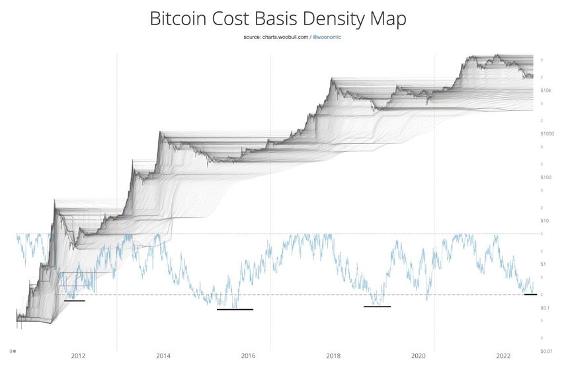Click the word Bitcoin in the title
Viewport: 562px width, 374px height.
point(181,19)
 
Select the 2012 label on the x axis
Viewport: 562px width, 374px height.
point(78,356)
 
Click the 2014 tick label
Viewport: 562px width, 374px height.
point(163,356)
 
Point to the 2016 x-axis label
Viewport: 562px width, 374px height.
point(249,356)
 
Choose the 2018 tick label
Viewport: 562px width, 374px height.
point(333,356)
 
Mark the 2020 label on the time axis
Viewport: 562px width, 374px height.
point(419,356)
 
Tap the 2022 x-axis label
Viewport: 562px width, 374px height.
point(504,356)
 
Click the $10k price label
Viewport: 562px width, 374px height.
point(546,90)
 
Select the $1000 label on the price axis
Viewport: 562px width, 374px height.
point(547,133)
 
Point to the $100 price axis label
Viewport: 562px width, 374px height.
point(546,177)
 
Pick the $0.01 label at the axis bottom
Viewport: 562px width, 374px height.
point(545,351)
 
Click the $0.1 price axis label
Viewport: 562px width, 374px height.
point(545,308)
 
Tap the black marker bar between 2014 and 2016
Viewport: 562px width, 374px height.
point(235,309)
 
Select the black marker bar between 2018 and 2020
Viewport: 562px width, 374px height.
point(378,306)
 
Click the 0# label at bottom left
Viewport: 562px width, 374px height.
point(13,350)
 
